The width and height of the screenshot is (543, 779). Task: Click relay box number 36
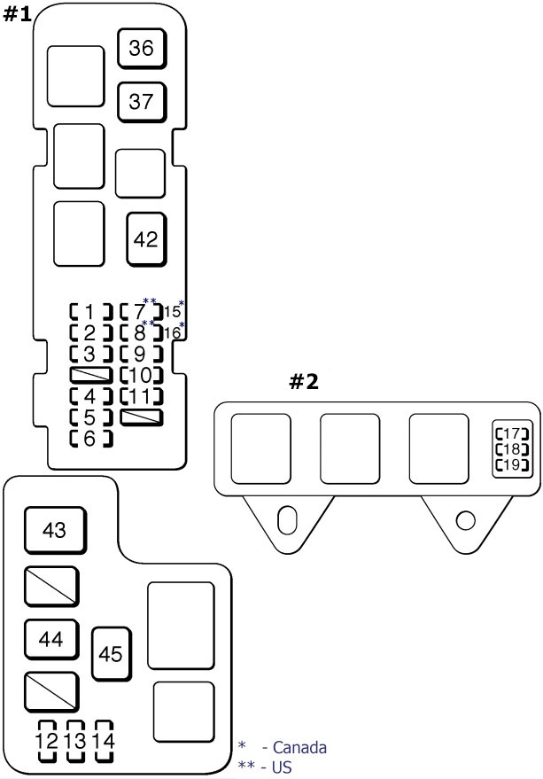tap(141, 49)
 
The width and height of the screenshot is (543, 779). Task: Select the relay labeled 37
tap(141, 101)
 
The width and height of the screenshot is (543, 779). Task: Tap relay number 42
tap(146, 239)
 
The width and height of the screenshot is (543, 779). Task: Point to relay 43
tap(54, 531)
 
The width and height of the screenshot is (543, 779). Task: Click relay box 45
tap(111, 655)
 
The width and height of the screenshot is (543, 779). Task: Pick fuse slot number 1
tap(90, 311)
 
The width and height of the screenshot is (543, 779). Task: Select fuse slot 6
tap(90, 438)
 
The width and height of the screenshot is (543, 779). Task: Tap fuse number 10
tap(142, 375)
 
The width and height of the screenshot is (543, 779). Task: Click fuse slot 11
tap(142, 395)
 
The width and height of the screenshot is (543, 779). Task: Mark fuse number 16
tap(173, 333)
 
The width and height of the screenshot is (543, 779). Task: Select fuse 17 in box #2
tap(512, 434)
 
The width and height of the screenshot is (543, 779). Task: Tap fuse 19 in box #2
tap(512, 464)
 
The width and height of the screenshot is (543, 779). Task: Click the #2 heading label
tap(304, 383)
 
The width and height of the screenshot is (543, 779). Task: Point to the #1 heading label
tap(19, 15)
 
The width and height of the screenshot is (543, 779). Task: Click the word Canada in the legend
tap(299, 748)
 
